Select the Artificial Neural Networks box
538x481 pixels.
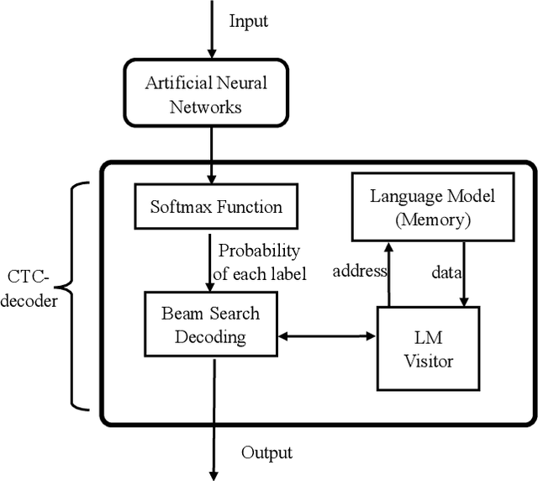(205, 94)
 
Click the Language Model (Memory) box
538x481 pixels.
(433, 207)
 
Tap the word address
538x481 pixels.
(360, 271)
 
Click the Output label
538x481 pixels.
(266, 453)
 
